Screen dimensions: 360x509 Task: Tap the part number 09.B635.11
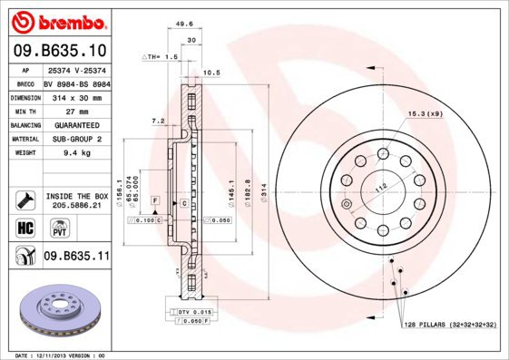(x=76, y=256)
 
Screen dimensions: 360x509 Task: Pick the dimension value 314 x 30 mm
(x=75, y=96)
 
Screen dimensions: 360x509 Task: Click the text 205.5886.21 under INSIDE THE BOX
(x=76, y=205)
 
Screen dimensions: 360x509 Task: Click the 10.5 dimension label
(x=211, y=72)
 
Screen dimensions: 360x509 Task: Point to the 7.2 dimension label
(x=158, y=121)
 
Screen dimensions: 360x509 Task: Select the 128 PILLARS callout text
(x=448, y=324)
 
